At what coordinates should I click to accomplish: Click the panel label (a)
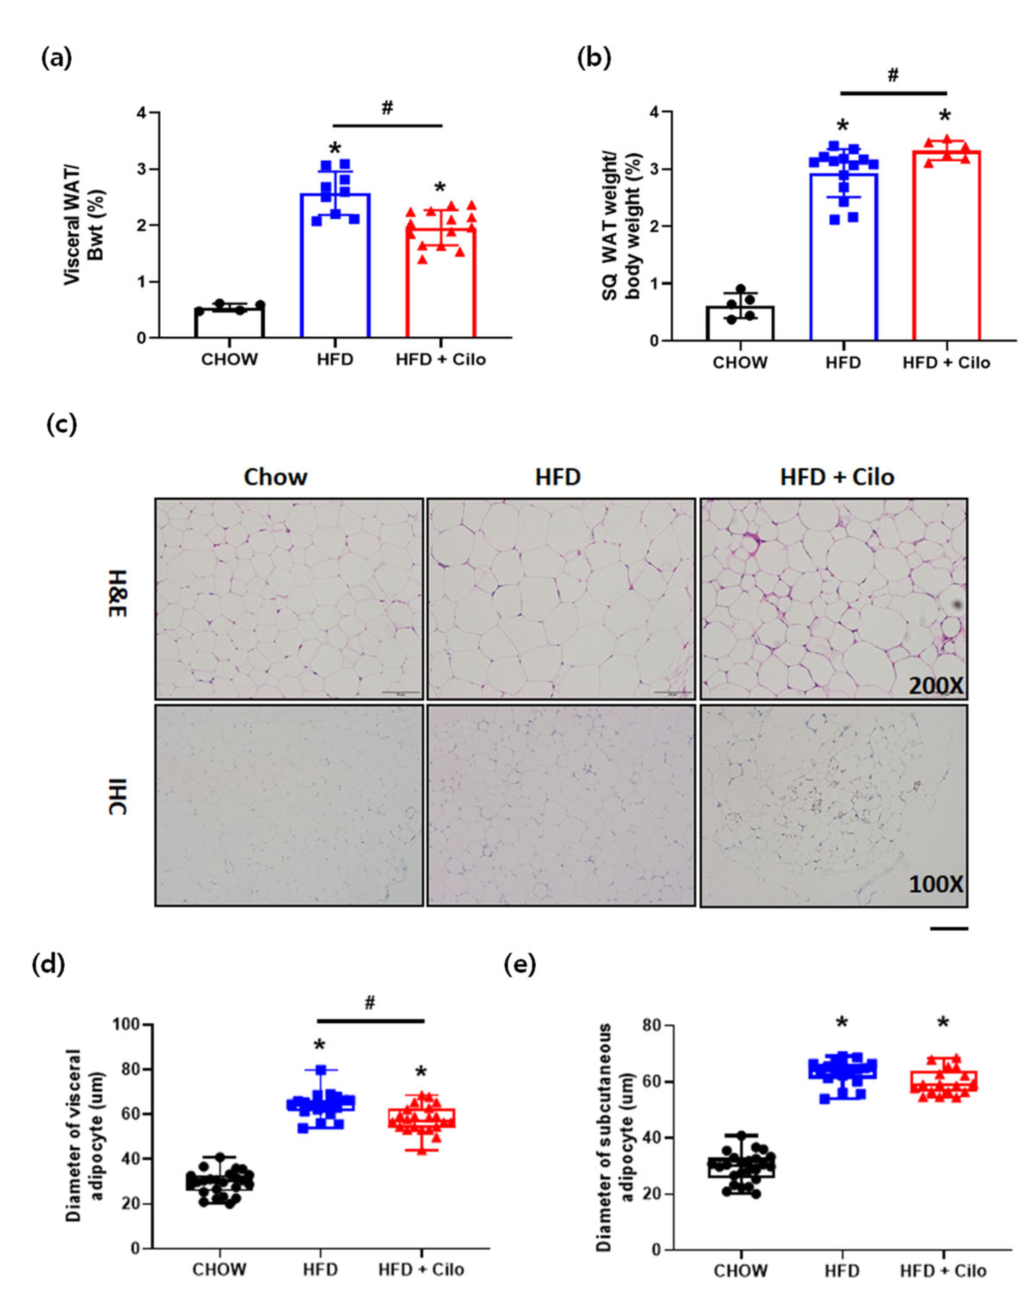point(56,59)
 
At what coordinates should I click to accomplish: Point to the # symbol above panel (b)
point(893,75)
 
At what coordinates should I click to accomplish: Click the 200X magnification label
point(935,686)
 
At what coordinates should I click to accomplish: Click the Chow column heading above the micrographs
point(275,477)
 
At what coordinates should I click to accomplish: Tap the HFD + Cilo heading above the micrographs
point(837,477)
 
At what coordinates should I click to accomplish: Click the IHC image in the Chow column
point(289,806)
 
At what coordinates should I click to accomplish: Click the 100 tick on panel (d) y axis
point(127,1024)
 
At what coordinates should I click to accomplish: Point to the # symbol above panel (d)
point(370,1004)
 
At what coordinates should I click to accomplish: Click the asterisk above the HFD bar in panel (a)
point(335,148)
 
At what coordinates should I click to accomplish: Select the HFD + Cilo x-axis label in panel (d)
point(420,1269)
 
